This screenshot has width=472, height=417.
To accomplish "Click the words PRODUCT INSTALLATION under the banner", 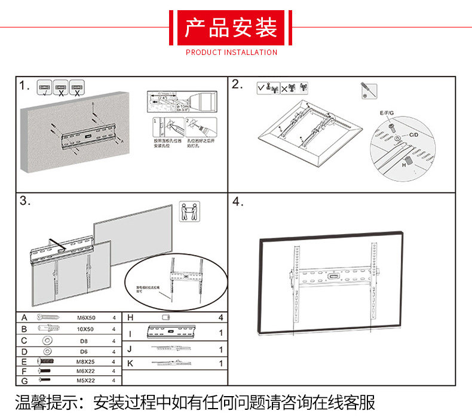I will [x=231, y=53].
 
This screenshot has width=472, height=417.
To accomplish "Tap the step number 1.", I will [x=24, y=85].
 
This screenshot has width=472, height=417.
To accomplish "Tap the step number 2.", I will [x=237, y=84].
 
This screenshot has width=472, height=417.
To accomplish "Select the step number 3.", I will [x=24, y=201].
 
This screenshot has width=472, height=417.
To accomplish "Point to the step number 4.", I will [x=238, y=201].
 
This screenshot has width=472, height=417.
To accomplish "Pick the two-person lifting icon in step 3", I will [x=190, y=212].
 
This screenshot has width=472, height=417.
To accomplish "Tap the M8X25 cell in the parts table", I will [x=86, y=361].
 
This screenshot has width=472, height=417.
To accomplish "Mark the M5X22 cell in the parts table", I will [x=86, y=381].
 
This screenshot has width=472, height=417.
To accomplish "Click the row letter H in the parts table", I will [x=130, y=318].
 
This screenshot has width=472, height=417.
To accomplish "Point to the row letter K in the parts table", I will [x=130, y=363].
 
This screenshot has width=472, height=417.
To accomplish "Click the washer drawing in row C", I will [x=46, y=340].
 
